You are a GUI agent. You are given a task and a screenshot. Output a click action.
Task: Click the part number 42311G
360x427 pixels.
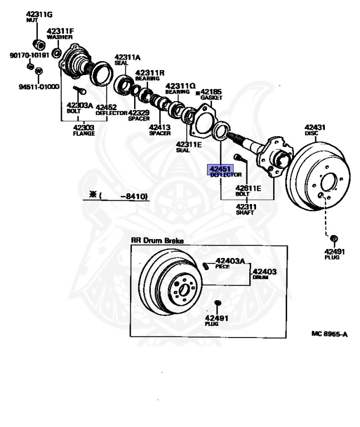tap(38, 14)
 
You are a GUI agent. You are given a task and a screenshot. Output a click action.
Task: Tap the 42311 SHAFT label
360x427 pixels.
tap(245, 210)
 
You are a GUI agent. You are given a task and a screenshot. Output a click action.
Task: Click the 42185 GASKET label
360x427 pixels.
tap(211, 93)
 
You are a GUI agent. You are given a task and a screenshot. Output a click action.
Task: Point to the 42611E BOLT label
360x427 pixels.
tap(248, 190)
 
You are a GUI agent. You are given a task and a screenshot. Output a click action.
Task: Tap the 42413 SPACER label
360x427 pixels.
tap(160, 130)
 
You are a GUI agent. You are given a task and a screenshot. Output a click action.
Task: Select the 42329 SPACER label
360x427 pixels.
tap(139, 115)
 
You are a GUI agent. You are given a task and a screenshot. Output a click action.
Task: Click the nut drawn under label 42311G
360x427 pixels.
tap(40, 43)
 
